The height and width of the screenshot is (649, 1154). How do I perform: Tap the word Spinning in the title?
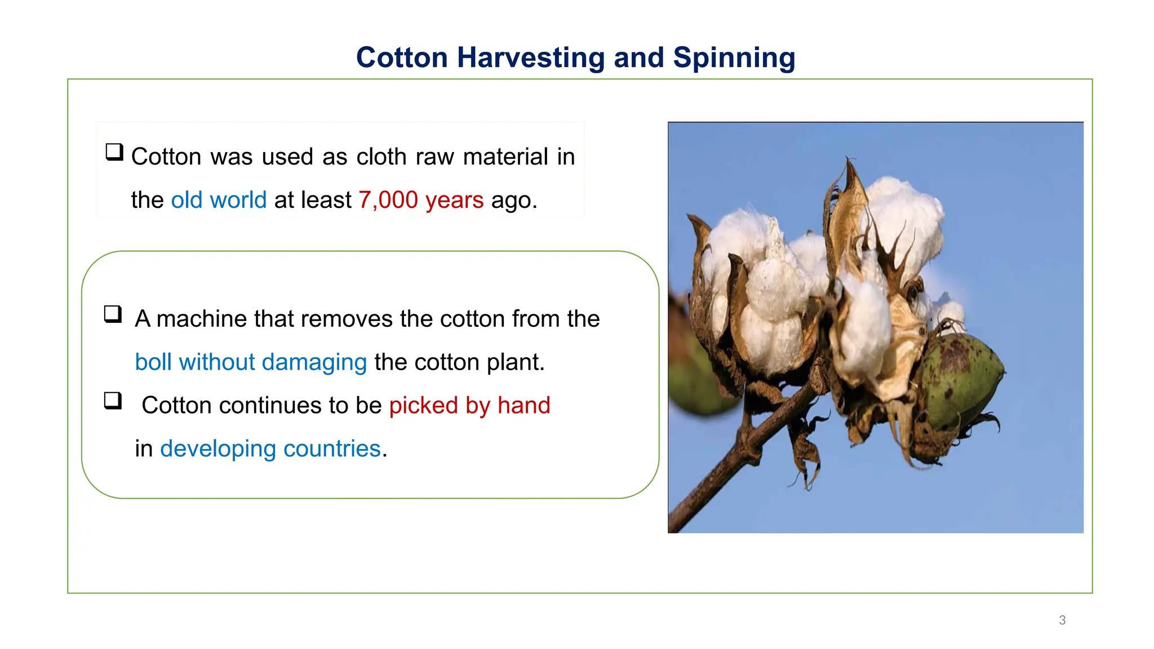pos(734,58)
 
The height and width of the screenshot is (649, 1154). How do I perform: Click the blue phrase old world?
pos(219,200)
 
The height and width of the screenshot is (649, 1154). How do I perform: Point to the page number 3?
pos(1062,620)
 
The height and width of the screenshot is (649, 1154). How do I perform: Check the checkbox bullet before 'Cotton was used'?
pos(114,152)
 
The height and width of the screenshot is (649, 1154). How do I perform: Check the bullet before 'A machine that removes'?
pos(113,314)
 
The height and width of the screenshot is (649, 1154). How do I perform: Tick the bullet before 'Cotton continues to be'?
pos(113,401)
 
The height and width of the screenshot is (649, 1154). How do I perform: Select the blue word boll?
pos(153,362)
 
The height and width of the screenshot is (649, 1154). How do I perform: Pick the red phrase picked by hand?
pos(469,406)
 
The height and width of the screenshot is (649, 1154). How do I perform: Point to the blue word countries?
pos(332,449)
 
